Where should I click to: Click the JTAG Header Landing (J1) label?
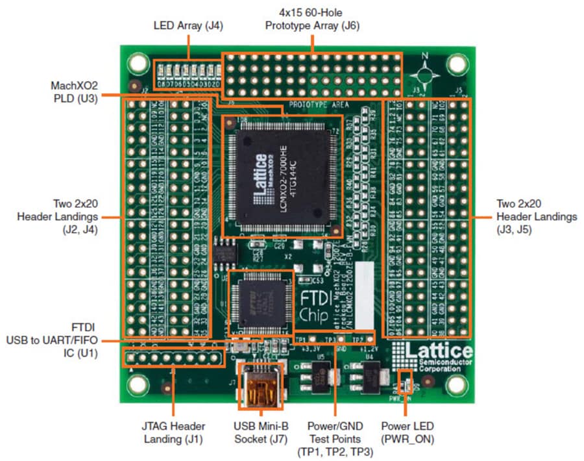174,432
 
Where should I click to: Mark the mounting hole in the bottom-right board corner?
457,384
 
